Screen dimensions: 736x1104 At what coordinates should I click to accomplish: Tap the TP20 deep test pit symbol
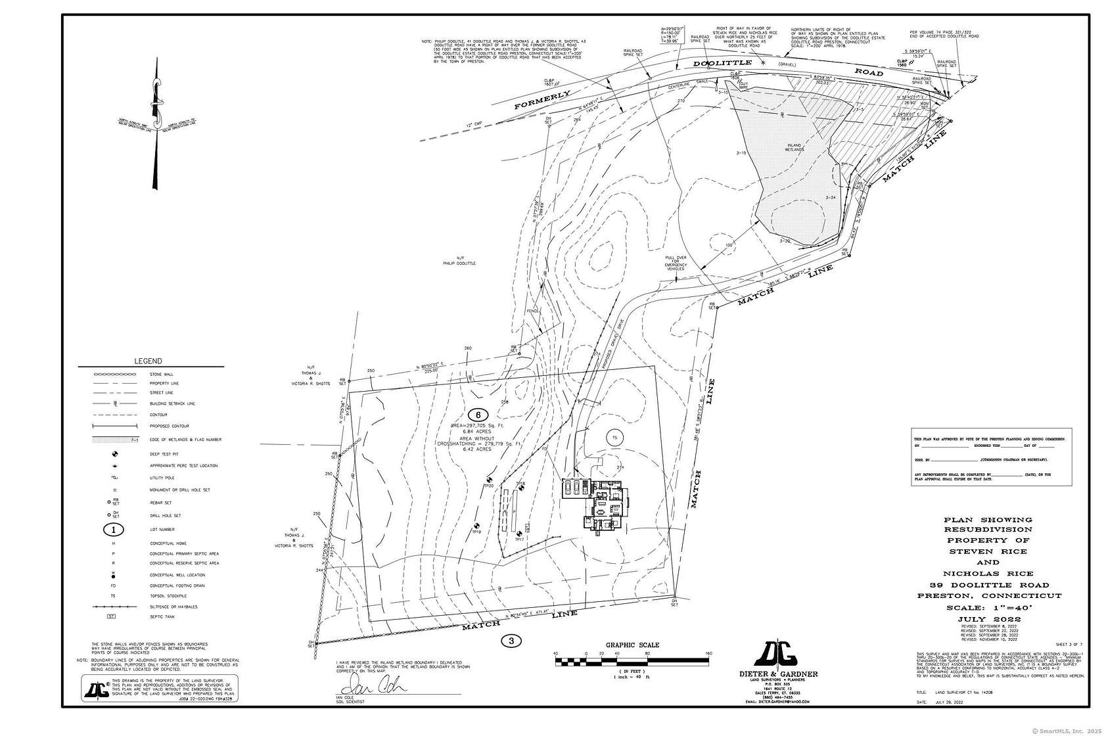tap(489, 480)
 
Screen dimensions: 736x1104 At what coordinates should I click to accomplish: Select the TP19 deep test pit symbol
tap(476, 525)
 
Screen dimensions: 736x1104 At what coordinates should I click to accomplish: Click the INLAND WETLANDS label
tap(794, 147)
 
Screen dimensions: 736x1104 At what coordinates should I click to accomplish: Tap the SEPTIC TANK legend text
tap(162, 616)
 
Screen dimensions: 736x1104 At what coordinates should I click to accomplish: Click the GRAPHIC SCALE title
tap(632, 645)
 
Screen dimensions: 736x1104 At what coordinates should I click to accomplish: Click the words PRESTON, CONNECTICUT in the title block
tap(989, 595)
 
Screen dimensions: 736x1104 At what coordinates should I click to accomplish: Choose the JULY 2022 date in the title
tap(989, 619)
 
